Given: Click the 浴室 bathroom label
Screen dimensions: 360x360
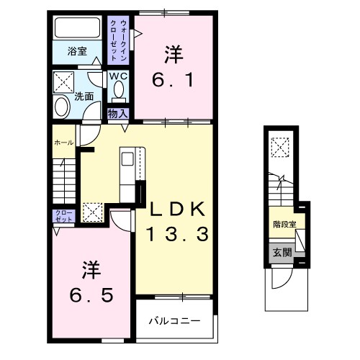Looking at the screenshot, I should click(x=77, y=51).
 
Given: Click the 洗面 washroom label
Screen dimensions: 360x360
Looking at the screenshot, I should click(x=84, y=95).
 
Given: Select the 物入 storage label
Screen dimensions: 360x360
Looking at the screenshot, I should click(x=117, y=113).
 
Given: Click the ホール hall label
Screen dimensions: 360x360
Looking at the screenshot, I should click(x=63, y=143).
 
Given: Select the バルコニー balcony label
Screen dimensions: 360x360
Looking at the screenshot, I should click(x=174, y=320).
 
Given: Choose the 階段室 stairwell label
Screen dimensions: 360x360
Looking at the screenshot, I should click(x=284, y=224).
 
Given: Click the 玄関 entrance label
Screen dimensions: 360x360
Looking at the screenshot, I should click(x=282, y=252).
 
